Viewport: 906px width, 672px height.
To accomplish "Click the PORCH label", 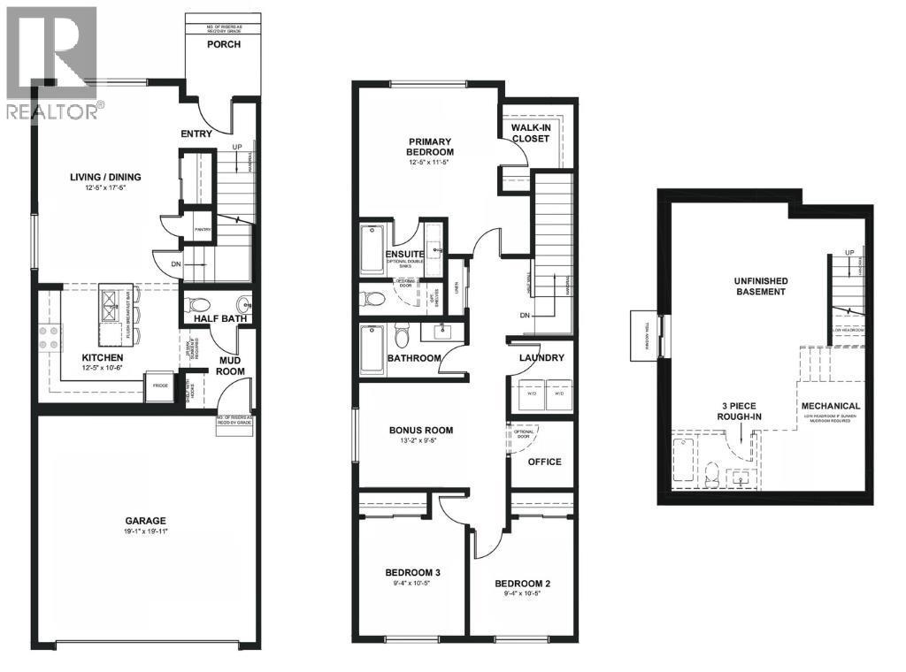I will point(225,45).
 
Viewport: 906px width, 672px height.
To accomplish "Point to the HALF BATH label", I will point(219,319).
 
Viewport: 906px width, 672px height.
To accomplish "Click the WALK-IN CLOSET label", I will point(533,133).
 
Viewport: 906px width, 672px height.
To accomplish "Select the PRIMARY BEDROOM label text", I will point(430,146).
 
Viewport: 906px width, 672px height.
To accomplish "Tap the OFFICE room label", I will point(544,462).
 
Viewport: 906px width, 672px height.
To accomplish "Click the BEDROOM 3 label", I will point(413,572).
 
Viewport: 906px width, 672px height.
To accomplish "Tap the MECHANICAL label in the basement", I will point(831,406).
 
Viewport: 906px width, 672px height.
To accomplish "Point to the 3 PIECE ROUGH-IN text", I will point(740,411).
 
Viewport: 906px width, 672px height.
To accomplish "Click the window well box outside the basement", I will point(644,335).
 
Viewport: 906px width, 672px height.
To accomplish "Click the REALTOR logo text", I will point(53,111).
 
